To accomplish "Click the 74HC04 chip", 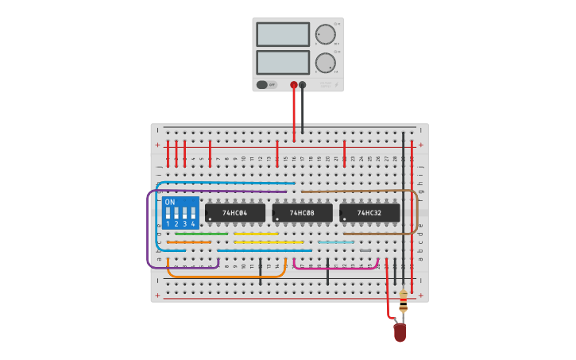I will click(235, 213).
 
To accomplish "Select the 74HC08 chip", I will click(302, 213).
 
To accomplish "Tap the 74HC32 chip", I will click(369, 213).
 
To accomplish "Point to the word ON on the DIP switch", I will click(169, 202).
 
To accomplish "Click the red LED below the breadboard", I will click(400, 332).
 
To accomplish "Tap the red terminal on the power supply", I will click(294, 84).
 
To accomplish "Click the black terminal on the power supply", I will click(302, 84).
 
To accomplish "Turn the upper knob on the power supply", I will click(325, 34).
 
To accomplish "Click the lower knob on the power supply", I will click(325, 63).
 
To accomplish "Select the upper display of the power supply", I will click(283, 34).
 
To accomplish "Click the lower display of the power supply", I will click(283, 63).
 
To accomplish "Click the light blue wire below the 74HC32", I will click(336, 242).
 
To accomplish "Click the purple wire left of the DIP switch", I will click(148, 230).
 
